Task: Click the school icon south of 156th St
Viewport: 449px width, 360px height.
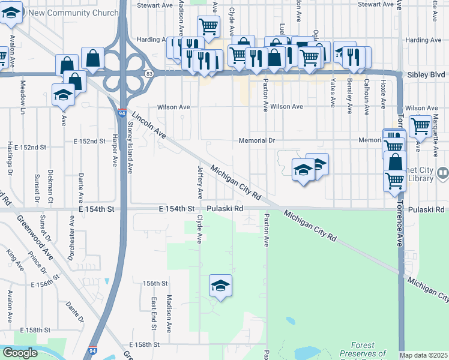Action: (220, 286)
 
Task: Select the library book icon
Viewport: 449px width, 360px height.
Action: (442, 173)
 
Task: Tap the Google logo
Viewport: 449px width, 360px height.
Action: (20, 353)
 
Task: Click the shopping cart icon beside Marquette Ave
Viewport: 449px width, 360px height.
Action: (421, 126)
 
